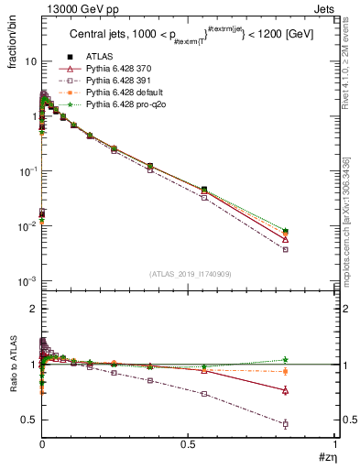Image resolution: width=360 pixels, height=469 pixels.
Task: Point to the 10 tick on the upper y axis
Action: [x=27, y=61]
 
